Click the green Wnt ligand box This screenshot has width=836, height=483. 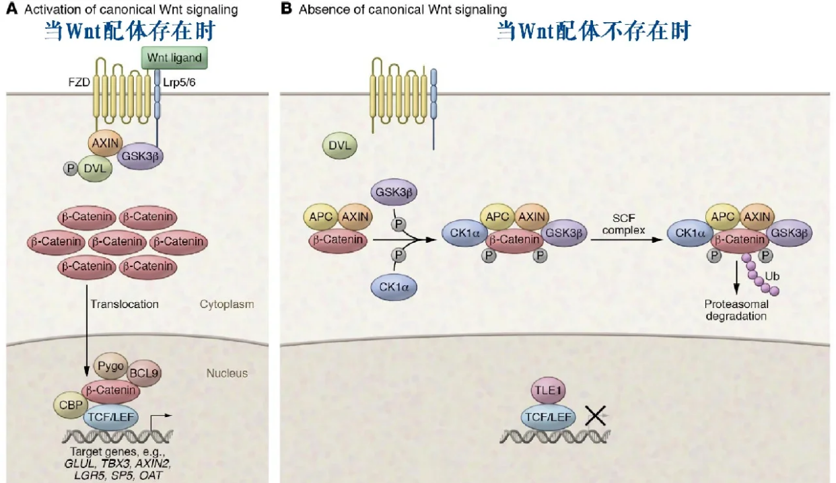pos(174,58)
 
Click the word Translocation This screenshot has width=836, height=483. pos(125,304)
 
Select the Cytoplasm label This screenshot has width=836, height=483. pos(227,304)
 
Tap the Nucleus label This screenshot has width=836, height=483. pos(227,373)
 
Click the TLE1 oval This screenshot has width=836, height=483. pos(548,392)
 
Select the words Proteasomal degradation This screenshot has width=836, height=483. pos(736,310)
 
